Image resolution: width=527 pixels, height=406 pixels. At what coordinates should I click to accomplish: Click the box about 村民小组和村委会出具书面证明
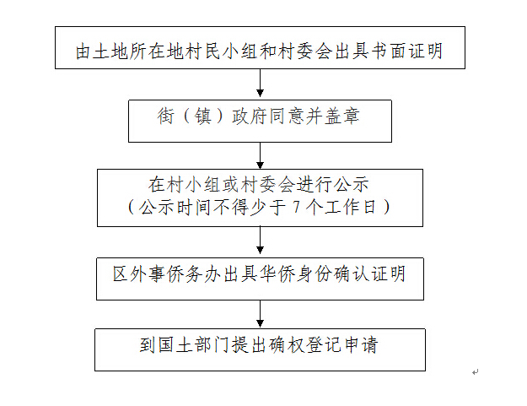[x=260, y=48]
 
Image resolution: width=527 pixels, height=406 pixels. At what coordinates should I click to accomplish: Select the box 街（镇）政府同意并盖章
[x=260, y=121]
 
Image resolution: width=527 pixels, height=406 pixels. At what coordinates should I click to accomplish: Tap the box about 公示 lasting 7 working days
[x=260, y=198]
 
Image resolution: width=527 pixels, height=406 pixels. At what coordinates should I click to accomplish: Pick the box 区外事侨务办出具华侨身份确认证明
[x=260, y=279]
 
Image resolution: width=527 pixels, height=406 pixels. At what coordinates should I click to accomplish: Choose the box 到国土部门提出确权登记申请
[x=260, y=349]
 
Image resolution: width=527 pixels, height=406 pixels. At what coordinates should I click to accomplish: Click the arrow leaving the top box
[x=260, y=83]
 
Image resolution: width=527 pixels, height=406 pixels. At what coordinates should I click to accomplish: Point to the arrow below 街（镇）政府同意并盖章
[x=260, y=156]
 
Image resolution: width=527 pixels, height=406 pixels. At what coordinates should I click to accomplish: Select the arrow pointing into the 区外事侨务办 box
[x=260, y=241]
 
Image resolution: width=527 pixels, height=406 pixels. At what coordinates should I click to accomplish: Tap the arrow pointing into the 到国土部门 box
[x=260, y=314]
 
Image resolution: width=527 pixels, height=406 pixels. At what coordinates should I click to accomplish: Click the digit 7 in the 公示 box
[x=296, y=207]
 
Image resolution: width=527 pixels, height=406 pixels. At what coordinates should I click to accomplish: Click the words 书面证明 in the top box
[x=406, y=51]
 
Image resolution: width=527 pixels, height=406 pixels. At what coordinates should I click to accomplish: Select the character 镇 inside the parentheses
[x=203, y=116]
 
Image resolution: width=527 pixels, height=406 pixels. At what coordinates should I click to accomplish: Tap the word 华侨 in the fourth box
[x=277, y=274]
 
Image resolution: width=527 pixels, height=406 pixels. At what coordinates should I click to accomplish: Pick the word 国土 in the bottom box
[x=175, y=344]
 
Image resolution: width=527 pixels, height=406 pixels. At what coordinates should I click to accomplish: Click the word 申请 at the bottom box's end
[x=362, y=344]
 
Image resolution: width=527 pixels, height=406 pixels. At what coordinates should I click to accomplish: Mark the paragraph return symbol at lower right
[x=475, y=371]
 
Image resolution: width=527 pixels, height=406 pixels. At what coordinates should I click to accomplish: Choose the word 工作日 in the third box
[x=350, y=207]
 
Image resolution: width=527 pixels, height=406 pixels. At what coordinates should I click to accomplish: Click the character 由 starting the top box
[x=83, y=51]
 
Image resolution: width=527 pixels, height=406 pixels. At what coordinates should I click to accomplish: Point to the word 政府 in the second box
[x=250, y=116]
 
